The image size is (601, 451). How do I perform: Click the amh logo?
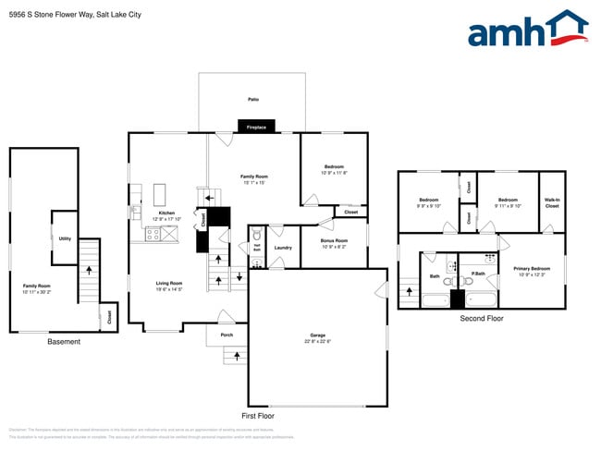point(527,30)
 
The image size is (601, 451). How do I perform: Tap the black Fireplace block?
point(256,127)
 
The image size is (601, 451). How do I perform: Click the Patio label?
point(252,99)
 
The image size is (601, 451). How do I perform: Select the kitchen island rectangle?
point(158,194)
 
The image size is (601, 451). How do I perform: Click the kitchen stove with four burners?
point(152,235)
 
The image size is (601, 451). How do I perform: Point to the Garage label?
point(317,335)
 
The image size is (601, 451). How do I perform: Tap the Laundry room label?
point(283,247)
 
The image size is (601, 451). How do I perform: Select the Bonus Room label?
point(333,243)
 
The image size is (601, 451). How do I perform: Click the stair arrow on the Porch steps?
point(238,356)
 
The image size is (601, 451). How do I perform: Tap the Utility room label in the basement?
point(65,238)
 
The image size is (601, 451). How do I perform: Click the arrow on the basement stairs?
point(89,271)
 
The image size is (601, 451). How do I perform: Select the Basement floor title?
point(64,342)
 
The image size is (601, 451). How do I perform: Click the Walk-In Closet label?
point(552,203)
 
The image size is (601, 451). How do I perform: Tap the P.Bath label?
point(478,274)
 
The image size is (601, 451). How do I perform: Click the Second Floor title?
point(482,319)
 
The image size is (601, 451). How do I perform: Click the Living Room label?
point(168,283)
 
